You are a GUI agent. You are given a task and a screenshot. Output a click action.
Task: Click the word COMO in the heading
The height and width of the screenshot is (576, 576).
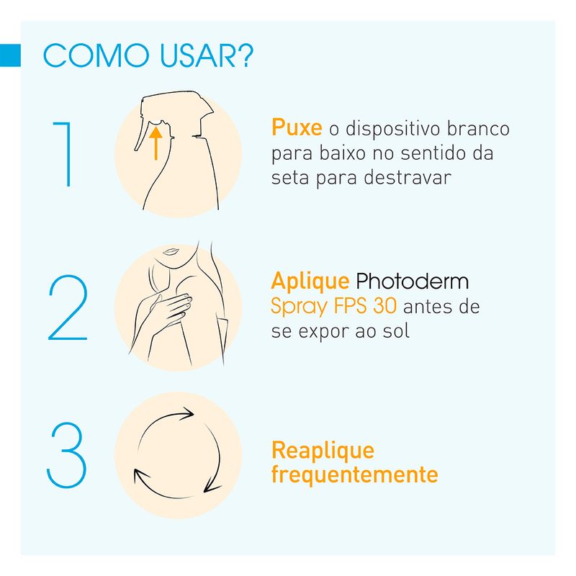[x=96, y=55]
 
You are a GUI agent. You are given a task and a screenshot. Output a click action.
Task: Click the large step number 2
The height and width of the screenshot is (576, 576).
[x=68, y=307]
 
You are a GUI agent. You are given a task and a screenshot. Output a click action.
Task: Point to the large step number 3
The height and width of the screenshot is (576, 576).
[x=66, y=455]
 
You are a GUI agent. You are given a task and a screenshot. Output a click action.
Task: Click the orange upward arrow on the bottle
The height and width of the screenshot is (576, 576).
[x=156, y=143]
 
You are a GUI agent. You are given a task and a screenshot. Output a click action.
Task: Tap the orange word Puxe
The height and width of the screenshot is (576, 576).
[x=297, y=127]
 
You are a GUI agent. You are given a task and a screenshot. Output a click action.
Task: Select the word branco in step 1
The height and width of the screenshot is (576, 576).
[x=478, y=129]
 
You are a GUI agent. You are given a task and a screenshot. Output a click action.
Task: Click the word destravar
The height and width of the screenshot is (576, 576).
[x=408, y=177]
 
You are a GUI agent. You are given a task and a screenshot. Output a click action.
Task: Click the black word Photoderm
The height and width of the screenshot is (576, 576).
[x=412, y=282]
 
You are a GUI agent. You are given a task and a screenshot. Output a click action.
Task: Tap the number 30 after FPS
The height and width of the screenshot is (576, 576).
[x=384, y=305]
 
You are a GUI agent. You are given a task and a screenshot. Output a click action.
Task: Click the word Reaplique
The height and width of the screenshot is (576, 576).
[x=323, y=451]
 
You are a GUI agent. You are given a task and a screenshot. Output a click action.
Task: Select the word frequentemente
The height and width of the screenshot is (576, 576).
[x=355, y=474]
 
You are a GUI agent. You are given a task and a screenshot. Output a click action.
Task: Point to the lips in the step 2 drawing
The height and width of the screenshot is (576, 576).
[x=171, y=251]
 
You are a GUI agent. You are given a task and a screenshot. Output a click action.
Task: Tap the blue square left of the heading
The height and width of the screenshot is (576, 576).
[x=10, y=55]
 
